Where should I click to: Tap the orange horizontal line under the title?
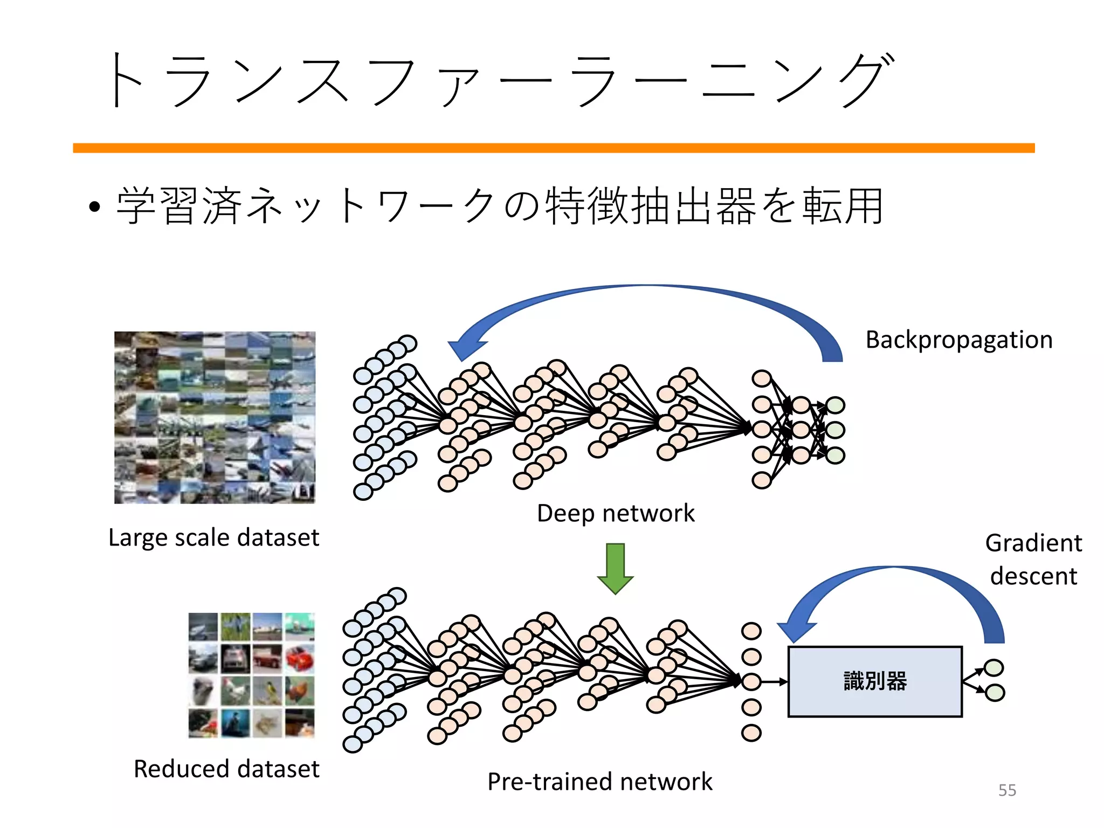[554, 148]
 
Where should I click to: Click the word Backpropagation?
[958, 340]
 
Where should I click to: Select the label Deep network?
[616, 513]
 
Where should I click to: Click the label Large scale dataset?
[213, 537]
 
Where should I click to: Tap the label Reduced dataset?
[226, 769]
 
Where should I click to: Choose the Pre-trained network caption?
[599, 782]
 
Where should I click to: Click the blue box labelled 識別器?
[874, 681]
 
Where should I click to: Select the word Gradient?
[1033, 543]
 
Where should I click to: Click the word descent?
[1033, 576]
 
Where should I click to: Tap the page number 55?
[1006, 790]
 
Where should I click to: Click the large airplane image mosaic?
[215, 417]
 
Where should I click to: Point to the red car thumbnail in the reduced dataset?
[300, 659]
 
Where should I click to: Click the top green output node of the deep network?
[835, 405]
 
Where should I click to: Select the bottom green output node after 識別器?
[995, 693]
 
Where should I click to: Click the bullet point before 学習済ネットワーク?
[95, 207]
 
